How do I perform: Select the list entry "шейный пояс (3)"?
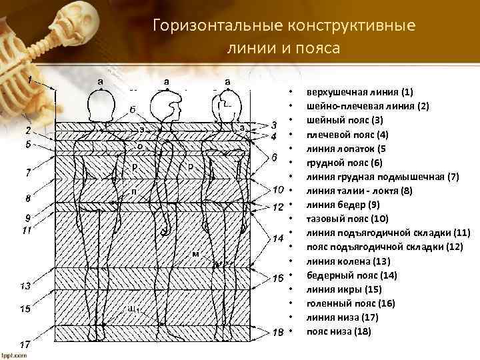point(345,120)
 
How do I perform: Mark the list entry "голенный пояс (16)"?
point(351,303)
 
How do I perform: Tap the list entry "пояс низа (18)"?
point(339,331)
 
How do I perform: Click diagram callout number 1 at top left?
point(30,79)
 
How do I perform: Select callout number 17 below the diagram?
point(24,345)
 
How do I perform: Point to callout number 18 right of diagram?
point(279,332)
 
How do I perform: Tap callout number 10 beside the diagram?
point(279,190)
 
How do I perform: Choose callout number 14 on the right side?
point(279,237)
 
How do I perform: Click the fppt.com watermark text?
point(14,355)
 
